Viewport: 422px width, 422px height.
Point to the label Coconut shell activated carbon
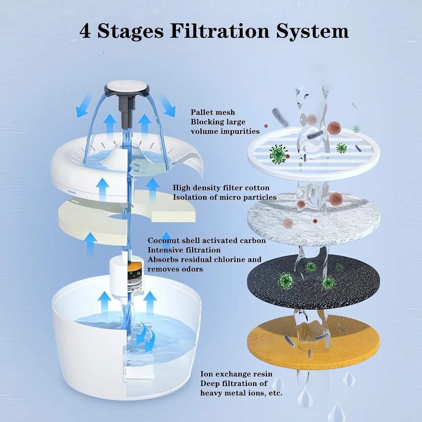coord(207,240)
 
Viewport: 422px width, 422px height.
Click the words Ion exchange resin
coord(236,374)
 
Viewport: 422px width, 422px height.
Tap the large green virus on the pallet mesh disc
coord(278,153)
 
